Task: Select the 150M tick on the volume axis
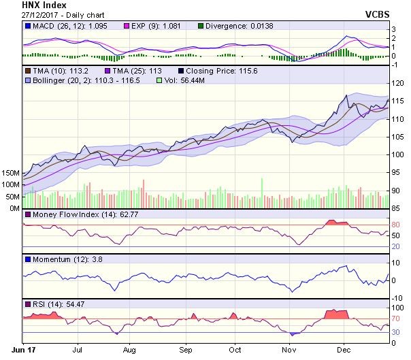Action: pyautogui.click(x=10, y=173)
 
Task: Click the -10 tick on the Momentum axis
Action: pyautogui.click(x=395, y=297)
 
